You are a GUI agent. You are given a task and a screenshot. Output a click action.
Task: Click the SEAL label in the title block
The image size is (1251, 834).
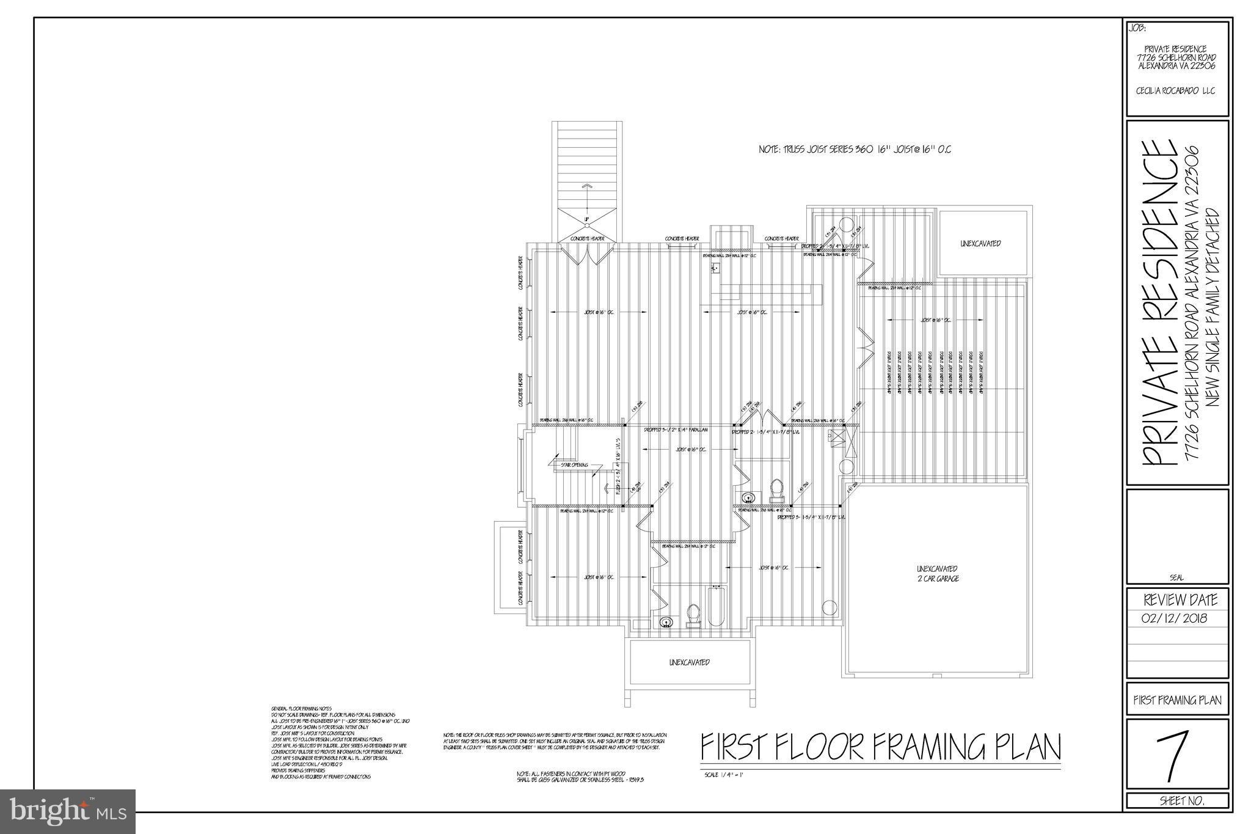[x=1176, y=577]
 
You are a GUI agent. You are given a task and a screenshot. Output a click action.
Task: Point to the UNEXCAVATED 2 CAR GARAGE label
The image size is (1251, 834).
[x=937, y=573]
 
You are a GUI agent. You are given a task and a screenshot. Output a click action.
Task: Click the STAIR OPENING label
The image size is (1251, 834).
[x=574, y=465]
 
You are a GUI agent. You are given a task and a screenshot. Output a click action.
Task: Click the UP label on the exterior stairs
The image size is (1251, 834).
[x=586, y=219]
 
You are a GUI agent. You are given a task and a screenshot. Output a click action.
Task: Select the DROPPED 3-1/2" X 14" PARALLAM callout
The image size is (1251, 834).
[x=676, y=430]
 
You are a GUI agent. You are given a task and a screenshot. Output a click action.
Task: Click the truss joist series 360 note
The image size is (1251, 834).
[x=855, y=149]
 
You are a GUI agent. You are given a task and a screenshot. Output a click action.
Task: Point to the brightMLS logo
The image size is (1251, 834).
[x=68, y=811]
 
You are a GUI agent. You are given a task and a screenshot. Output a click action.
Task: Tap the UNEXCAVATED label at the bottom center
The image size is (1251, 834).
[x=689, y=662]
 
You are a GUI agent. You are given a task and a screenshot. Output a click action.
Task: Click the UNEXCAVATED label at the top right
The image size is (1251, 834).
[x=980, y=243]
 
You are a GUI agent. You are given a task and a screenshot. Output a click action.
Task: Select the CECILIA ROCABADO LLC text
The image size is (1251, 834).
[x=1176, y=90]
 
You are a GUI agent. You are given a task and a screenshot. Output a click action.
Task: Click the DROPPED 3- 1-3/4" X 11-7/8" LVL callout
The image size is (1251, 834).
[x=811, y=517]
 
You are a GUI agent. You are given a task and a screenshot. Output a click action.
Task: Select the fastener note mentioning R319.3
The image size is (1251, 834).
[x=580, y=777]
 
